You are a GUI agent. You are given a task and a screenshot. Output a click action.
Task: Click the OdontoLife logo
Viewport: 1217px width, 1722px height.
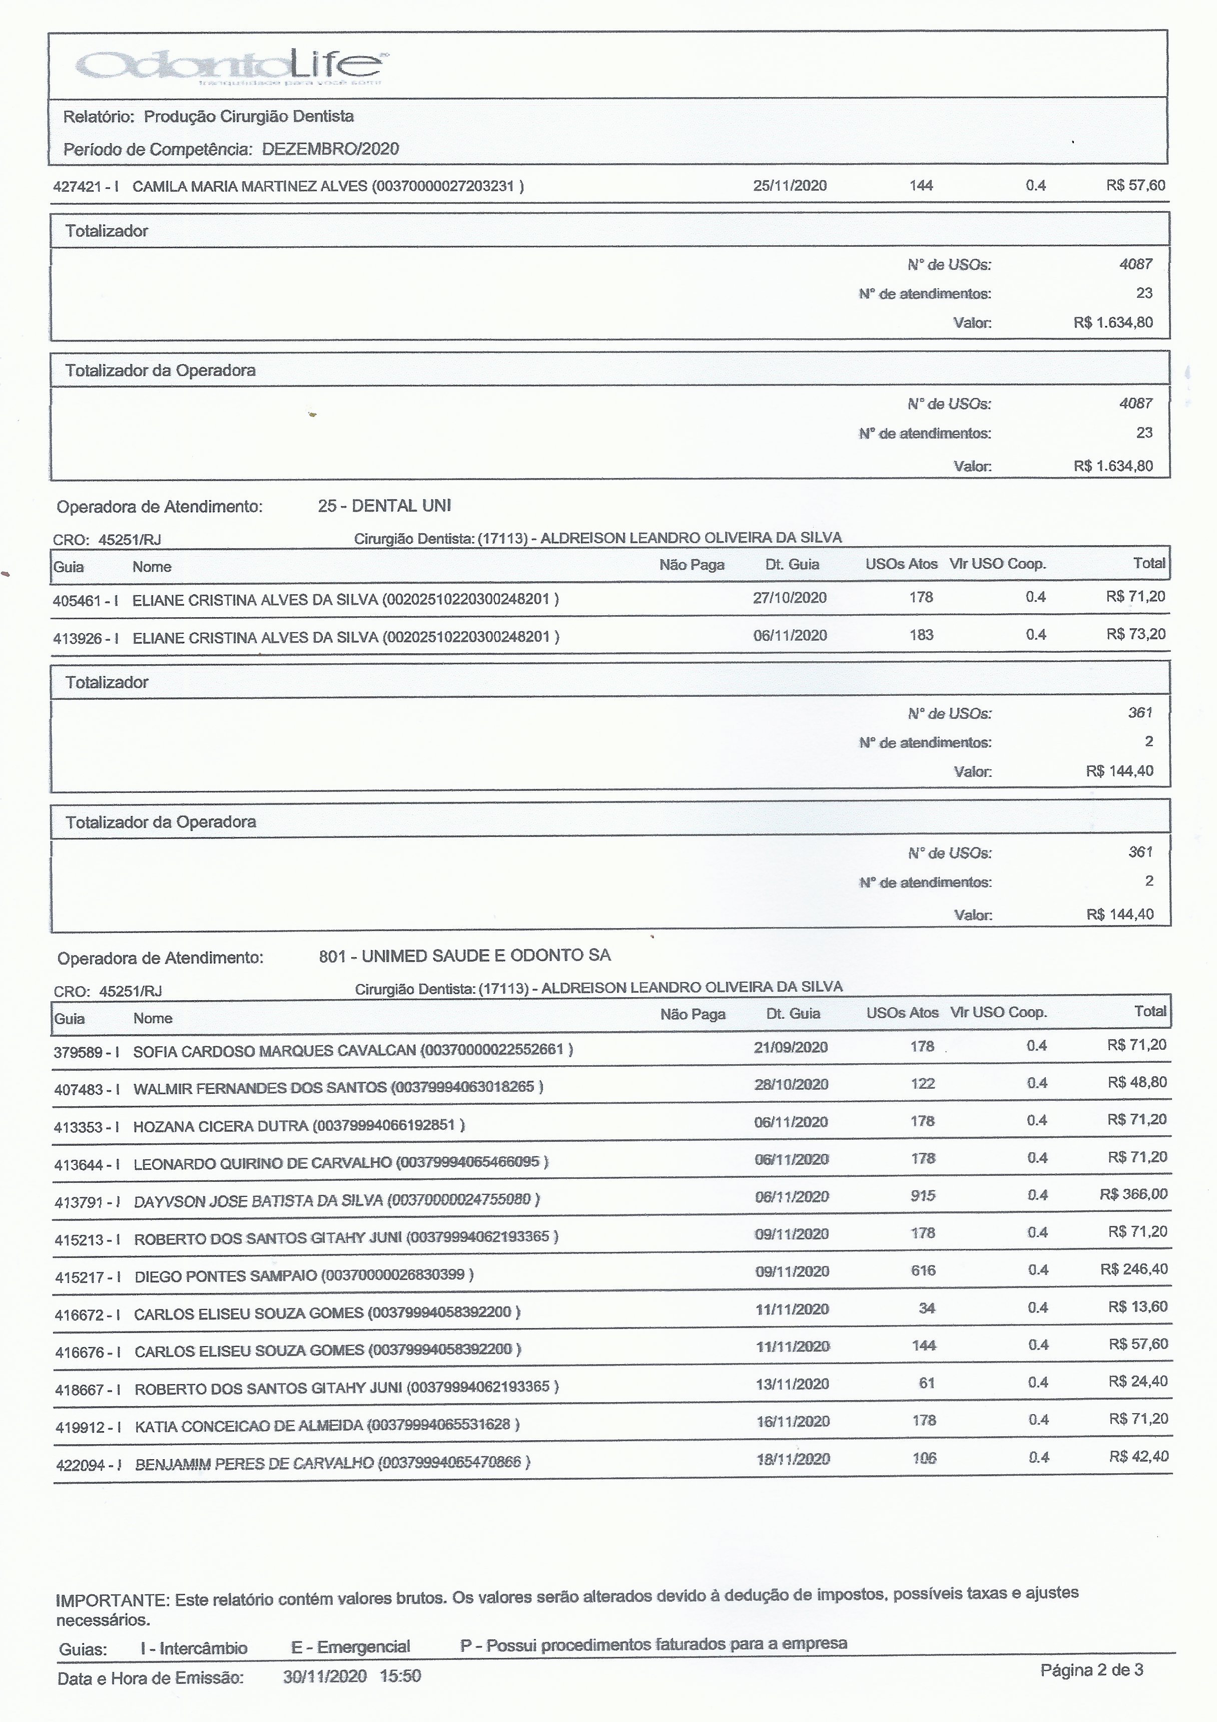coord(233,68)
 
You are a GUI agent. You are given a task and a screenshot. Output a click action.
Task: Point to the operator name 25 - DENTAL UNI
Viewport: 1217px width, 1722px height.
coord(384,506)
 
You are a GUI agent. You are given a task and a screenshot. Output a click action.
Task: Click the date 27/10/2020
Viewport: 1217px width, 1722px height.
coord(790,597)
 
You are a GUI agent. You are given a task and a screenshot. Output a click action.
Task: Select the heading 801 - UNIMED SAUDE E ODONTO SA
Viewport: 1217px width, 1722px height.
coord(464,956)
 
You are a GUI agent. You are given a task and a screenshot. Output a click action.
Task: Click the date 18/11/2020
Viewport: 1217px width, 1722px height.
coord(793,1459)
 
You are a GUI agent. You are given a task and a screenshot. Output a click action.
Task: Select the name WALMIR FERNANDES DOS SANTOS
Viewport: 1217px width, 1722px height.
coord(259,1087)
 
